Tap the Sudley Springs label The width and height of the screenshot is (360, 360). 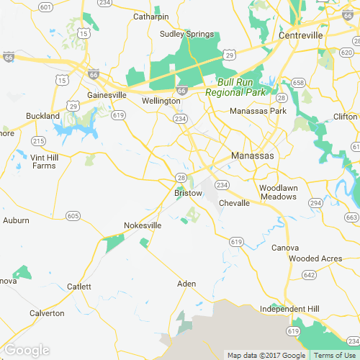coord(186,34)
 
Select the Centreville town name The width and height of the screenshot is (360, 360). coord(301,35)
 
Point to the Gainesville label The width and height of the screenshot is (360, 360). coord(106,95)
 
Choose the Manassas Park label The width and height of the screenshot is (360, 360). coord(258,112)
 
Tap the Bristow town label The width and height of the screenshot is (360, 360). coord(189,193)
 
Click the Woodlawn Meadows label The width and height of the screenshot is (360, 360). coord(277,192)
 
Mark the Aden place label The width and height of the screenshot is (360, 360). coord(186,284)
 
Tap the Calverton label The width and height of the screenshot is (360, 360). coord(47,313)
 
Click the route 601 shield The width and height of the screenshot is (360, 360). coord(45,7)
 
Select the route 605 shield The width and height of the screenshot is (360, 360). coord(72,215)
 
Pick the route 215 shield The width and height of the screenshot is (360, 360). coord(38,140)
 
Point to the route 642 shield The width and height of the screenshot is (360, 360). coord(310,275)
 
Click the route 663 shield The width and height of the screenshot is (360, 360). coord(351,217)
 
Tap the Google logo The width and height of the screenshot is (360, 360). coord(27,351)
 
